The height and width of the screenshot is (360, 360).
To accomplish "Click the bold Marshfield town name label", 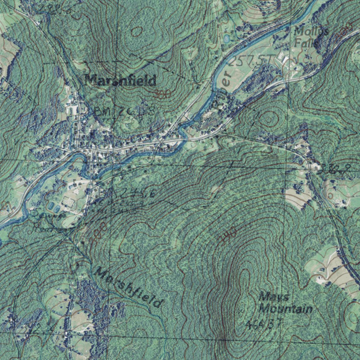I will (120, 81).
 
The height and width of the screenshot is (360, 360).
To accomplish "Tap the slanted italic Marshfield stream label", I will (129, 287).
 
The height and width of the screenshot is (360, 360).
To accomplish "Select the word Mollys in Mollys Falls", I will (311, 32).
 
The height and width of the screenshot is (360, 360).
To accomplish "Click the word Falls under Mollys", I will (307, 44).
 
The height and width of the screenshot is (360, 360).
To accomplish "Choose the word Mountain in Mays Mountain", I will (285, 309).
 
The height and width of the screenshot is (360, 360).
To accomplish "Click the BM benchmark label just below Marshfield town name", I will (125, 111).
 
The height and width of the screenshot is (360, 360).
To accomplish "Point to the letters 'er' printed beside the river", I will (226, 78).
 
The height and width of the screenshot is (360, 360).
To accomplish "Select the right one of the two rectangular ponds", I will (57, 209).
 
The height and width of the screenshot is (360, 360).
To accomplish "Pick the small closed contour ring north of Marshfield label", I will (137, 32).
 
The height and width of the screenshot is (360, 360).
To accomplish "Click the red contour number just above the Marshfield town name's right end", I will (162, 94).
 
